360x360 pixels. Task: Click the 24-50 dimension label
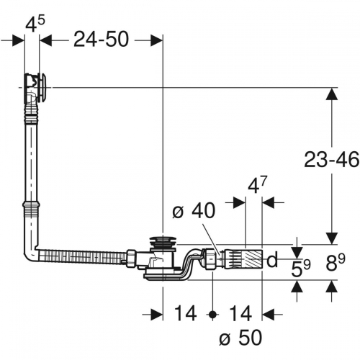(100, 40)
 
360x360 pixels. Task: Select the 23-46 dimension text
(332, 159)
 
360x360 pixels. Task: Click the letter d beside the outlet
(271, 259)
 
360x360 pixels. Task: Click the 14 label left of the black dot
(185, 314)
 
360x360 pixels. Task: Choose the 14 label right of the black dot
(240, 314)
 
